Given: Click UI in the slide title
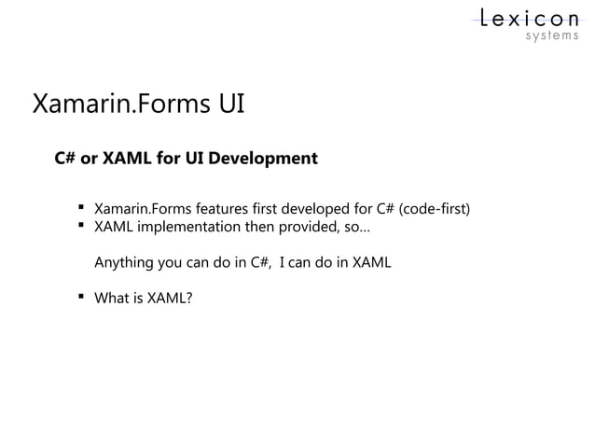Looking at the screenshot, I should click(x=231, y=103).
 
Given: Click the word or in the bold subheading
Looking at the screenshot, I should click(x=90, y=158).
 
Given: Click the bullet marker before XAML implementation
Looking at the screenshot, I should click(x=82, y=226).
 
